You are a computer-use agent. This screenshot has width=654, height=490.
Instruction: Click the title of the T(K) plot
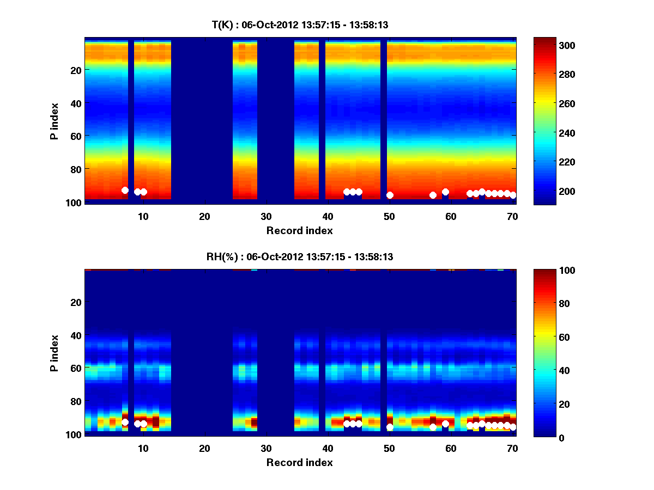point(300,24)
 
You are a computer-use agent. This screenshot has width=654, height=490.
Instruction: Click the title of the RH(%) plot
point(300,257)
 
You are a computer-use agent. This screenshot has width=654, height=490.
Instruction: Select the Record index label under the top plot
point(300,230)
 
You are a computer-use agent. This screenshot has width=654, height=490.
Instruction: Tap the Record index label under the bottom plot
point(300,462)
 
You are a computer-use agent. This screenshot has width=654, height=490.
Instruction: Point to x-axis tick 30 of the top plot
point(266,216)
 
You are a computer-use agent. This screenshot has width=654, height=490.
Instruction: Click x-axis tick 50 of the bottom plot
point(389,448)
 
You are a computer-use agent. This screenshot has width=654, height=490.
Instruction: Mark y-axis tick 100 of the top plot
point(75,202)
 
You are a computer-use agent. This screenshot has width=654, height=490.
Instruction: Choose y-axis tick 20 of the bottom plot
point(75,302)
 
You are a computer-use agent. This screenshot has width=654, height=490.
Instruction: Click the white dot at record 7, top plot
point(125,190)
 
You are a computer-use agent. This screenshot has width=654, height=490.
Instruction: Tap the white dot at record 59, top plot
point(445,192)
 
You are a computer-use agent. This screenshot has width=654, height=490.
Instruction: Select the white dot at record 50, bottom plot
point(390,427)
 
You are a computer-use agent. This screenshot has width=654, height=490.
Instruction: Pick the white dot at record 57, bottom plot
point(433,427)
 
